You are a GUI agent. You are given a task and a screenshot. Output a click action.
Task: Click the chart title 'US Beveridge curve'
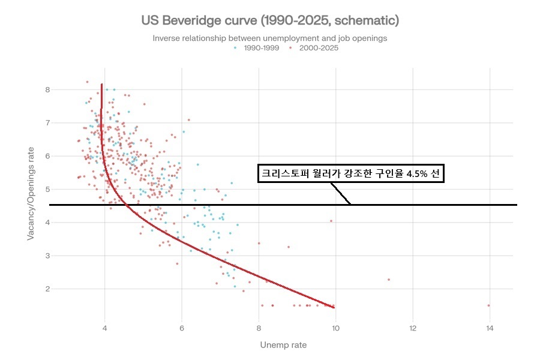(x=270, y=20)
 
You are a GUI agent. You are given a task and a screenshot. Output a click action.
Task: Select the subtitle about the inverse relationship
(x=270, y=38)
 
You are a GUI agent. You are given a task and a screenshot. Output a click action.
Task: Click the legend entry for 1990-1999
(x=253, y=48)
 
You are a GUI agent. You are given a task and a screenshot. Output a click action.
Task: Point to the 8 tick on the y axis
(x=47, y=90)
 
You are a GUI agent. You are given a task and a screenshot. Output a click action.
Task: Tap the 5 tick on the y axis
(x=47, y=189)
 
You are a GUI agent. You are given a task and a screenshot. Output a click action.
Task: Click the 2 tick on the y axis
(x=47, y=289)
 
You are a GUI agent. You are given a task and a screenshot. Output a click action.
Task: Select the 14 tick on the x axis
(x=490, y=328)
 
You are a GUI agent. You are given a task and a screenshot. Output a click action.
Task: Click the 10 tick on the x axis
(x=335, y=328)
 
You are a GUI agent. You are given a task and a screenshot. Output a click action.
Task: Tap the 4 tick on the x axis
(x=105, y=328)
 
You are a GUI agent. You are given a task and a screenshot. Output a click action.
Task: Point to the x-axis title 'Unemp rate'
(x=283, y=345)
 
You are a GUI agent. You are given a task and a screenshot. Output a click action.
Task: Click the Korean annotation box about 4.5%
(x=351, y=173)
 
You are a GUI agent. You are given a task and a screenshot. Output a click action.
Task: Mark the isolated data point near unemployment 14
(x=488, y=305)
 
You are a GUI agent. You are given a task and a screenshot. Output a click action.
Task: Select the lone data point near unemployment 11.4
(x=389, y=280)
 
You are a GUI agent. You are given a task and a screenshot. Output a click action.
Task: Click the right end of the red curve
(x=334, y=307)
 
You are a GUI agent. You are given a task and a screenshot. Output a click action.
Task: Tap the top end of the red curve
(x=102, y=85)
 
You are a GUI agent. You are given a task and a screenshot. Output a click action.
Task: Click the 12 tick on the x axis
(x=413, y=328)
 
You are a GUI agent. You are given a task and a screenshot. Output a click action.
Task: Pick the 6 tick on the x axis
(x=182, y=328)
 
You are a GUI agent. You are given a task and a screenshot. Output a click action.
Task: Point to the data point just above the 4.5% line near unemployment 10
(x=331, y=221)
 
